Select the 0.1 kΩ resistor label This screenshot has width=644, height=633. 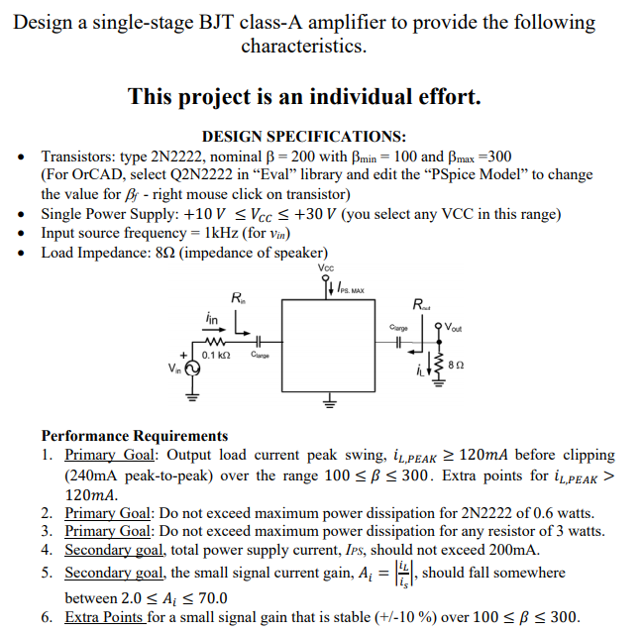point(216,355)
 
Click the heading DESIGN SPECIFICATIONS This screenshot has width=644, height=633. point(303,137)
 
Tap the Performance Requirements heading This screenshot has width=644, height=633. point(134,436)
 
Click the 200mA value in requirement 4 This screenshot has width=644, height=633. point(514,550)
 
